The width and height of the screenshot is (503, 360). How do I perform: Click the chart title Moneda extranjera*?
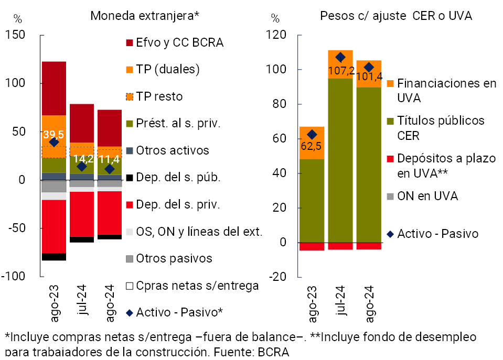click(x=145, y=16)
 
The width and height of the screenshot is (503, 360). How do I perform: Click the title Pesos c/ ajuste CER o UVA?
click(x=396, y=16)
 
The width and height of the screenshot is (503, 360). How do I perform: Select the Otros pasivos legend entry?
click(x=174, y=258)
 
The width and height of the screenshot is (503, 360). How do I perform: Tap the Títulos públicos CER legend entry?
click(x=441, y=127)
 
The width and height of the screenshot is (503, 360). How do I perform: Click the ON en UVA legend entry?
click(x=427, y=196)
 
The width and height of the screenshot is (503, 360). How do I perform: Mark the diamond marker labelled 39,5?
click(x=53, y=142)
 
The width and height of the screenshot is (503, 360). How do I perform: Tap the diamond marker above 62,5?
click(x=312, y=135)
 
